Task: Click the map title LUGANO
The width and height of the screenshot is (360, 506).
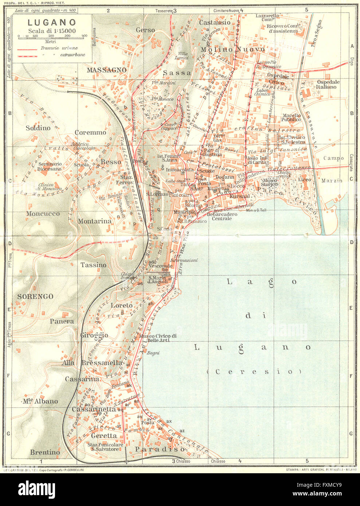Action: (52, 23)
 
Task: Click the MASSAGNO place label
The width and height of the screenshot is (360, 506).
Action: (106, 70)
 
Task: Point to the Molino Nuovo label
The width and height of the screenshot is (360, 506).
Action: (233, 50)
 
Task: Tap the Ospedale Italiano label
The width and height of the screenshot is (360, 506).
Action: (328, 84)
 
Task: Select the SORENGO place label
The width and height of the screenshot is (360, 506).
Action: (35, 297)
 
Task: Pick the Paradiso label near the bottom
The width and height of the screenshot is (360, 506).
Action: (160, 450)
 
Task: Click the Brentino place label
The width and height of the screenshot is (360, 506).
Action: (45, 452)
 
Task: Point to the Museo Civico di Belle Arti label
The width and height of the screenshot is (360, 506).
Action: (158, 338)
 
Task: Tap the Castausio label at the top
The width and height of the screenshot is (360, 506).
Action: (214, 23)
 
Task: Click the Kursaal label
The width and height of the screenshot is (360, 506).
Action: (240, 196)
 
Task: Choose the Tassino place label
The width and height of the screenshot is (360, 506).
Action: (94, 265)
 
